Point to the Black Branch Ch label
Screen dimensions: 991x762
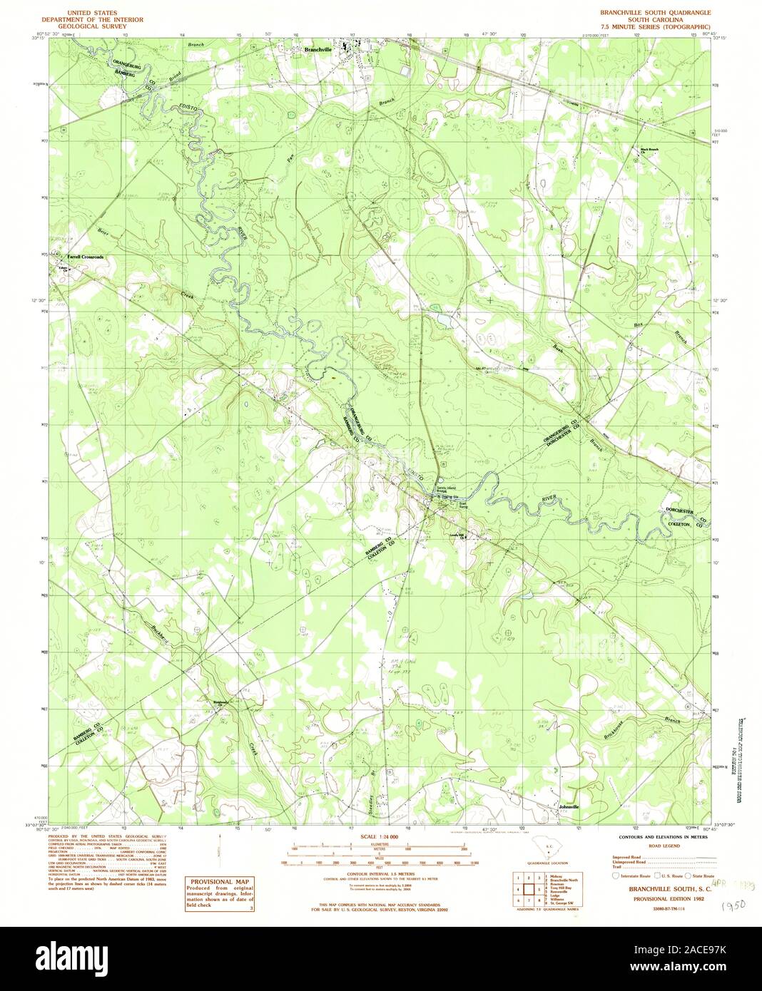click(649, 150)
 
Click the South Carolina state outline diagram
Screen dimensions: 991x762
click(549, 851)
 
